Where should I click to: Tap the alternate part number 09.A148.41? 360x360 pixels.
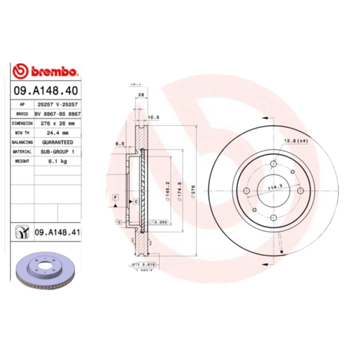coord(57,232)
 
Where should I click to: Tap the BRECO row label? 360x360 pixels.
coord(22,114)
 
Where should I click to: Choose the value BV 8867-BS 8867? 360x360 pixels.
coord(58,114)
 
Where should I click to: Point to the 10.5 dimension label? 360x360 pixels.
coord(154,117)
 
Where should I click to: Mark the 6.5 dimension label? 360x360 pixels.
coord(120,144)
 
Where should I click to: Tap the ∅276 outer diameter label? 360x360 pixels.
coord(194,191)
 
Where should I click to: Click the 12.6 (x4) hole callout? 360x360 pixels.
coord(295,141)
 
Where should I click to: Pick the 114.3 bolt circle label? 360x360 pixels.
coord(274,187)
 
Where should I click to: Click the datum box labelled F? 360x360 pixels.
coord(116,198)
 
